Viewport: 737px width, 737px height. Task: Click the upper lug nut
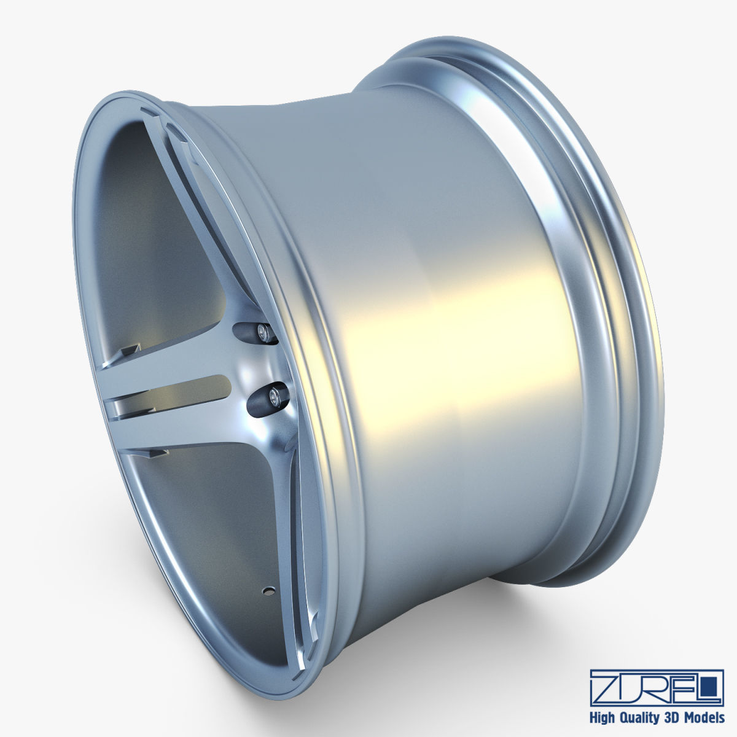(265, 332)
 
